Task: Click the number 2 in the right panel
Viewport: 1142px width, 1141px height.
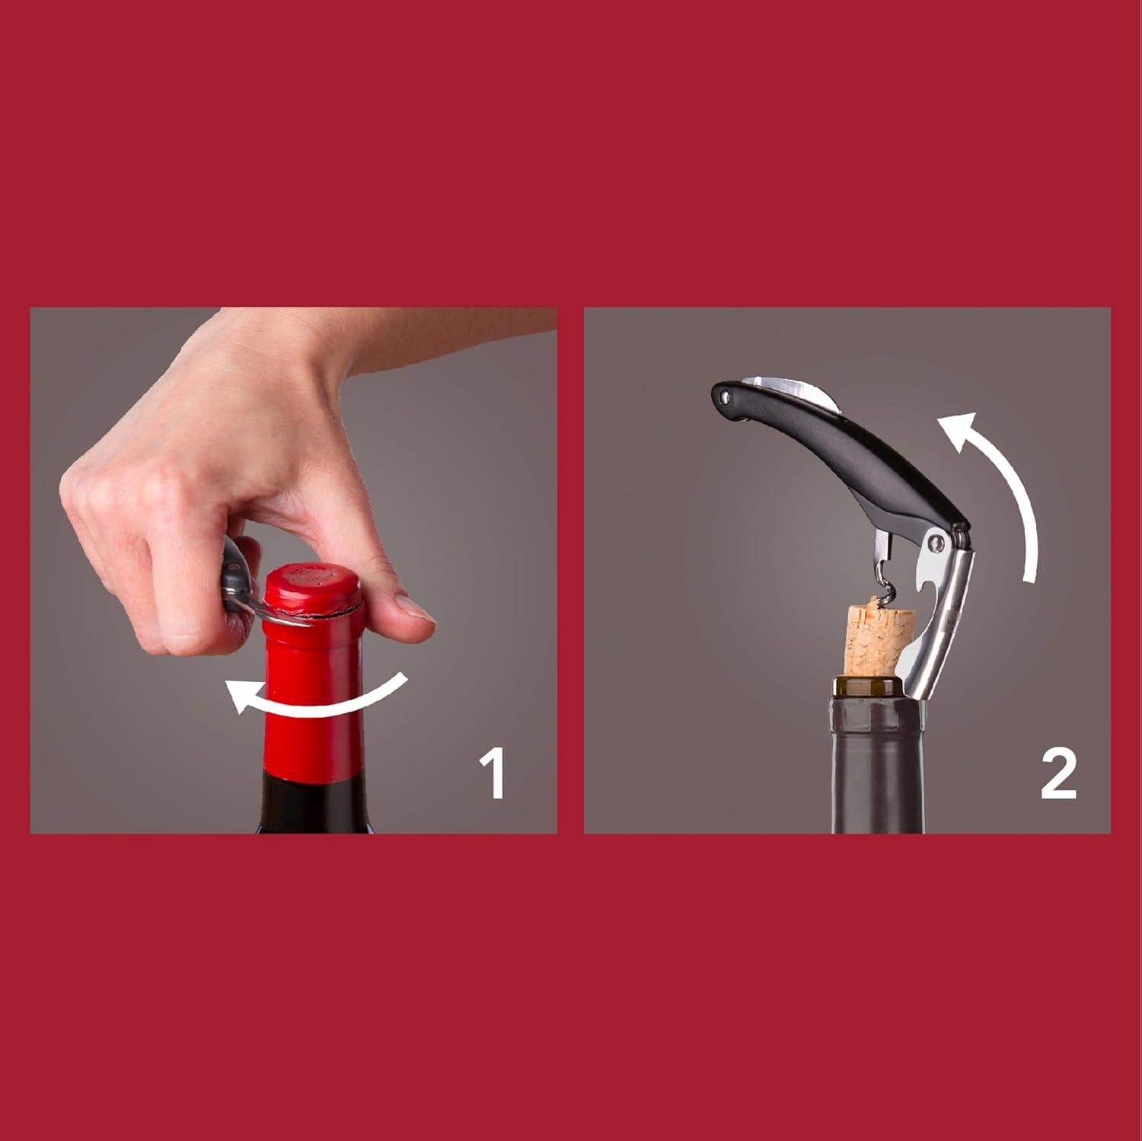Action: [1057, 775]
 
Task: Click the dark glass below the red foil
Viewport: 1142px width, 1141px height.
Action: [313, 807]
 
